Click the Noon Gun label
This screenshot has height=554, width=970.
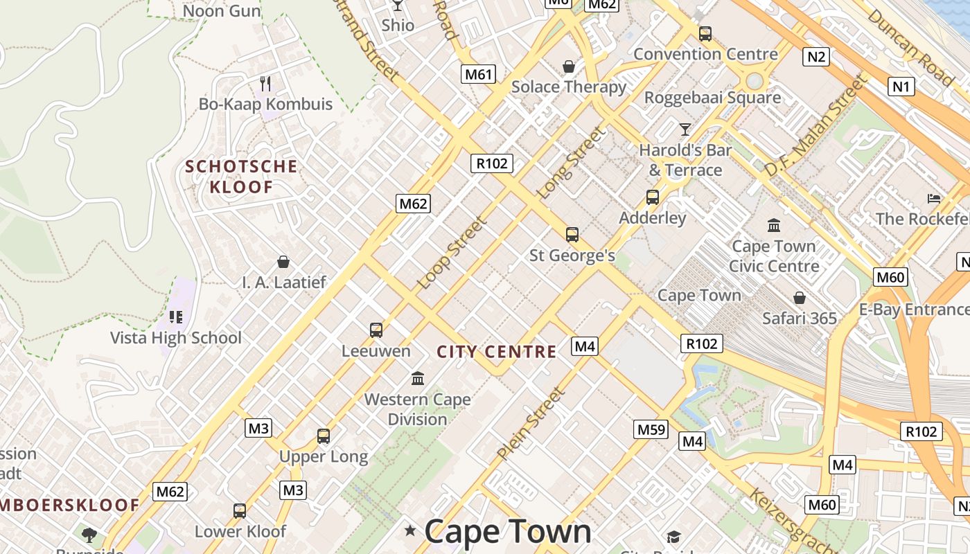pyautogui.click(x=222, y=10)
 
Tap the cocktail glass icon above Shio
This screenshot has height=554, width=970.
pyautogui.click(x=398, y=6)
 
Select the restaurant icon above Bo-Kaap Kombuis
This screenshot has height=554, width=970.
pyautogui.click(x=265, y=84)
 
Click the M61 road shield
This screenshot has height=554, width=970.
pyautogui.click(x=478, y=74)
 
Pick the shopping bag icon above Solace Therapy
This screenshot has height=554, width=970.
pyautogui.click(x=569, y=66)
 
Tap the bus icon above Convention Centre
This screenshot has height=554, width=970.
pyautogui.click(x=705, y=33)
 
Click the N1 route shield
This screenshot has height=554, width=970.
pyautogui.click(x=901, y=87)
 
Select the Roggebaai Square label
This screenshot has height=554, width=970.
pyautogui.click(x=712, y=98)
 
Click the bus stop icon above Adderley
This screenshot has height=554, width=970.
pyautogui.click(x=653, y=197)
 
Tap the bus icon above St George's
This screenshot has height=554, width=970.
pyautogui.click(x=572, y=235)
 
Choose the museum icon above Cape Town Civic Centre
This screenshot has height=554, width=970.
pyautogui.click(x=774, y=226)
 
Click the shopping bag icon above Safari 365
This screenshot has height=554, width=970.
pyautogui.click(x=800, y=298)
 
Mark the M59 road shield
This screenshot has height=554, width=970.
pyautogui.click(x=651, y=430)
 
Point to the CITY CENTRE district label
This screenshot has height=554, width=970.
pyautogui.click(x=497, y=352)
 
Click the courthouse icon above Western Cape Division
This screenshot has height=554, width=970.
pyautogui.click(x=418, y=378)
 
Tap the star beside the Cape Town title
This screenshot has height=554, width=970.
pyautogui.click(x=410, y=530)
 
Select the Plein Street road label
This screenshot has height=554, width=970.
pyautogui.click(x=531, y=423)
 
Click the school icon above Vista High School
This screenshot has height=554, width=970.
pyautogui.click(x=176, y=317)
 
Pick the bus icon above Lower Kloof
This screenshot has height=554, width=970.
pyautogui.click(x=240, y=511)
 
